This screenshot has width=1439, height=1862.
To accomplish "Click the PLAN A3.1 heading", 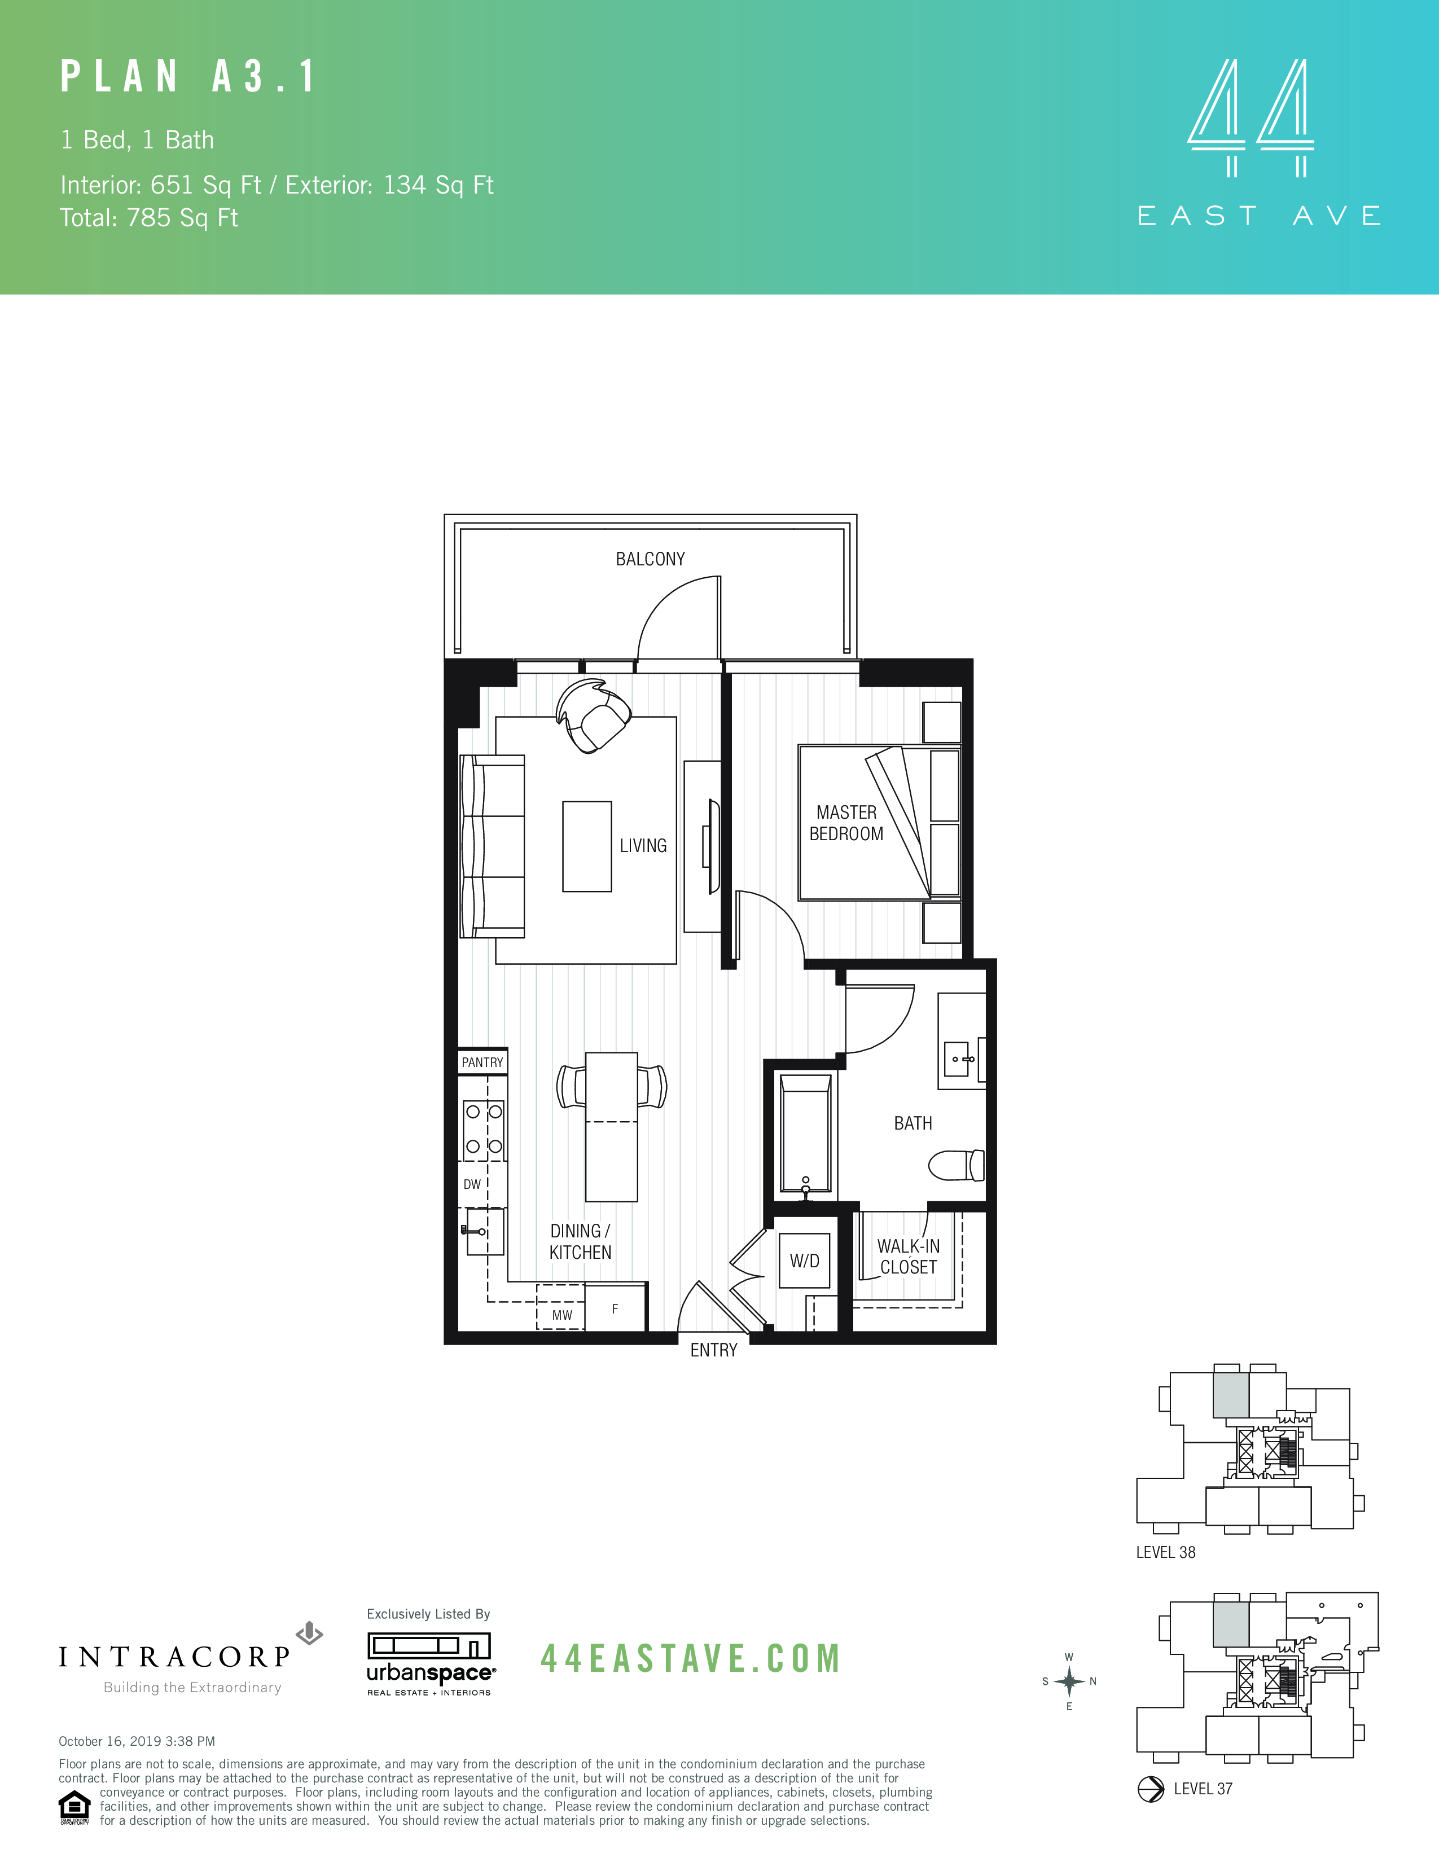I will click(x=188, y=77).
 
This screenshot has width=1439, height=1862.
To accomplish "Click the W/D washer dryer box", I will click(x=804, y=1261).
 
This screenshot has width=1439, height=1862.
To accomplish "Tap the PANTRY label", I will click(x=482, y=1062).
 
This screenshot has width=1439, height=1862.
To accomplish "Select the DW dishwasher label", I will click(x=472, y=1184).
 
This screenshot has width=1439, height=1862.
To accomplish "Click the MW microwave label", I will click(x=562, y=1315).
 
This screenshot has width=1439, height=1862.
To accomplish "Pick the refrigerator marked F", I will click(x=615, y=1308).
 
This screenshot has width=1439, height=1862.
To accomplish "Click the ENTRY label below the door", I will click(x=713, y=1350).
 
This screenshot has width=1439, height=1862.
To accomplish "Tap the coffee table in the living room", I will click(x=586, y=846).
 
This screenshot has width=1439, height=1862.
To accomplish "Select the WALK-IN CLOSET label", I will click(x=908, y=1257).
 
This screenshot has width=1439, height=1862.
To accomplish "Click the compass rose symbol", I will click(x=1069, y=1681).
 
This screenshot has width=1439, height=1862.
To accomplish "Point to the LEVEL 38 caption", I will click(x=1165, y=1553).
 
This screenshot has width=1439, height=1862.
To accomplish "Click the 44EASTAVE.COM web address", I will click(x=691, y=1658).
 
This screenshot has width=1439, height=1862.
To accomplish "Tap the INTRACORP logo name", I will click(x=175, y=1657).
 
